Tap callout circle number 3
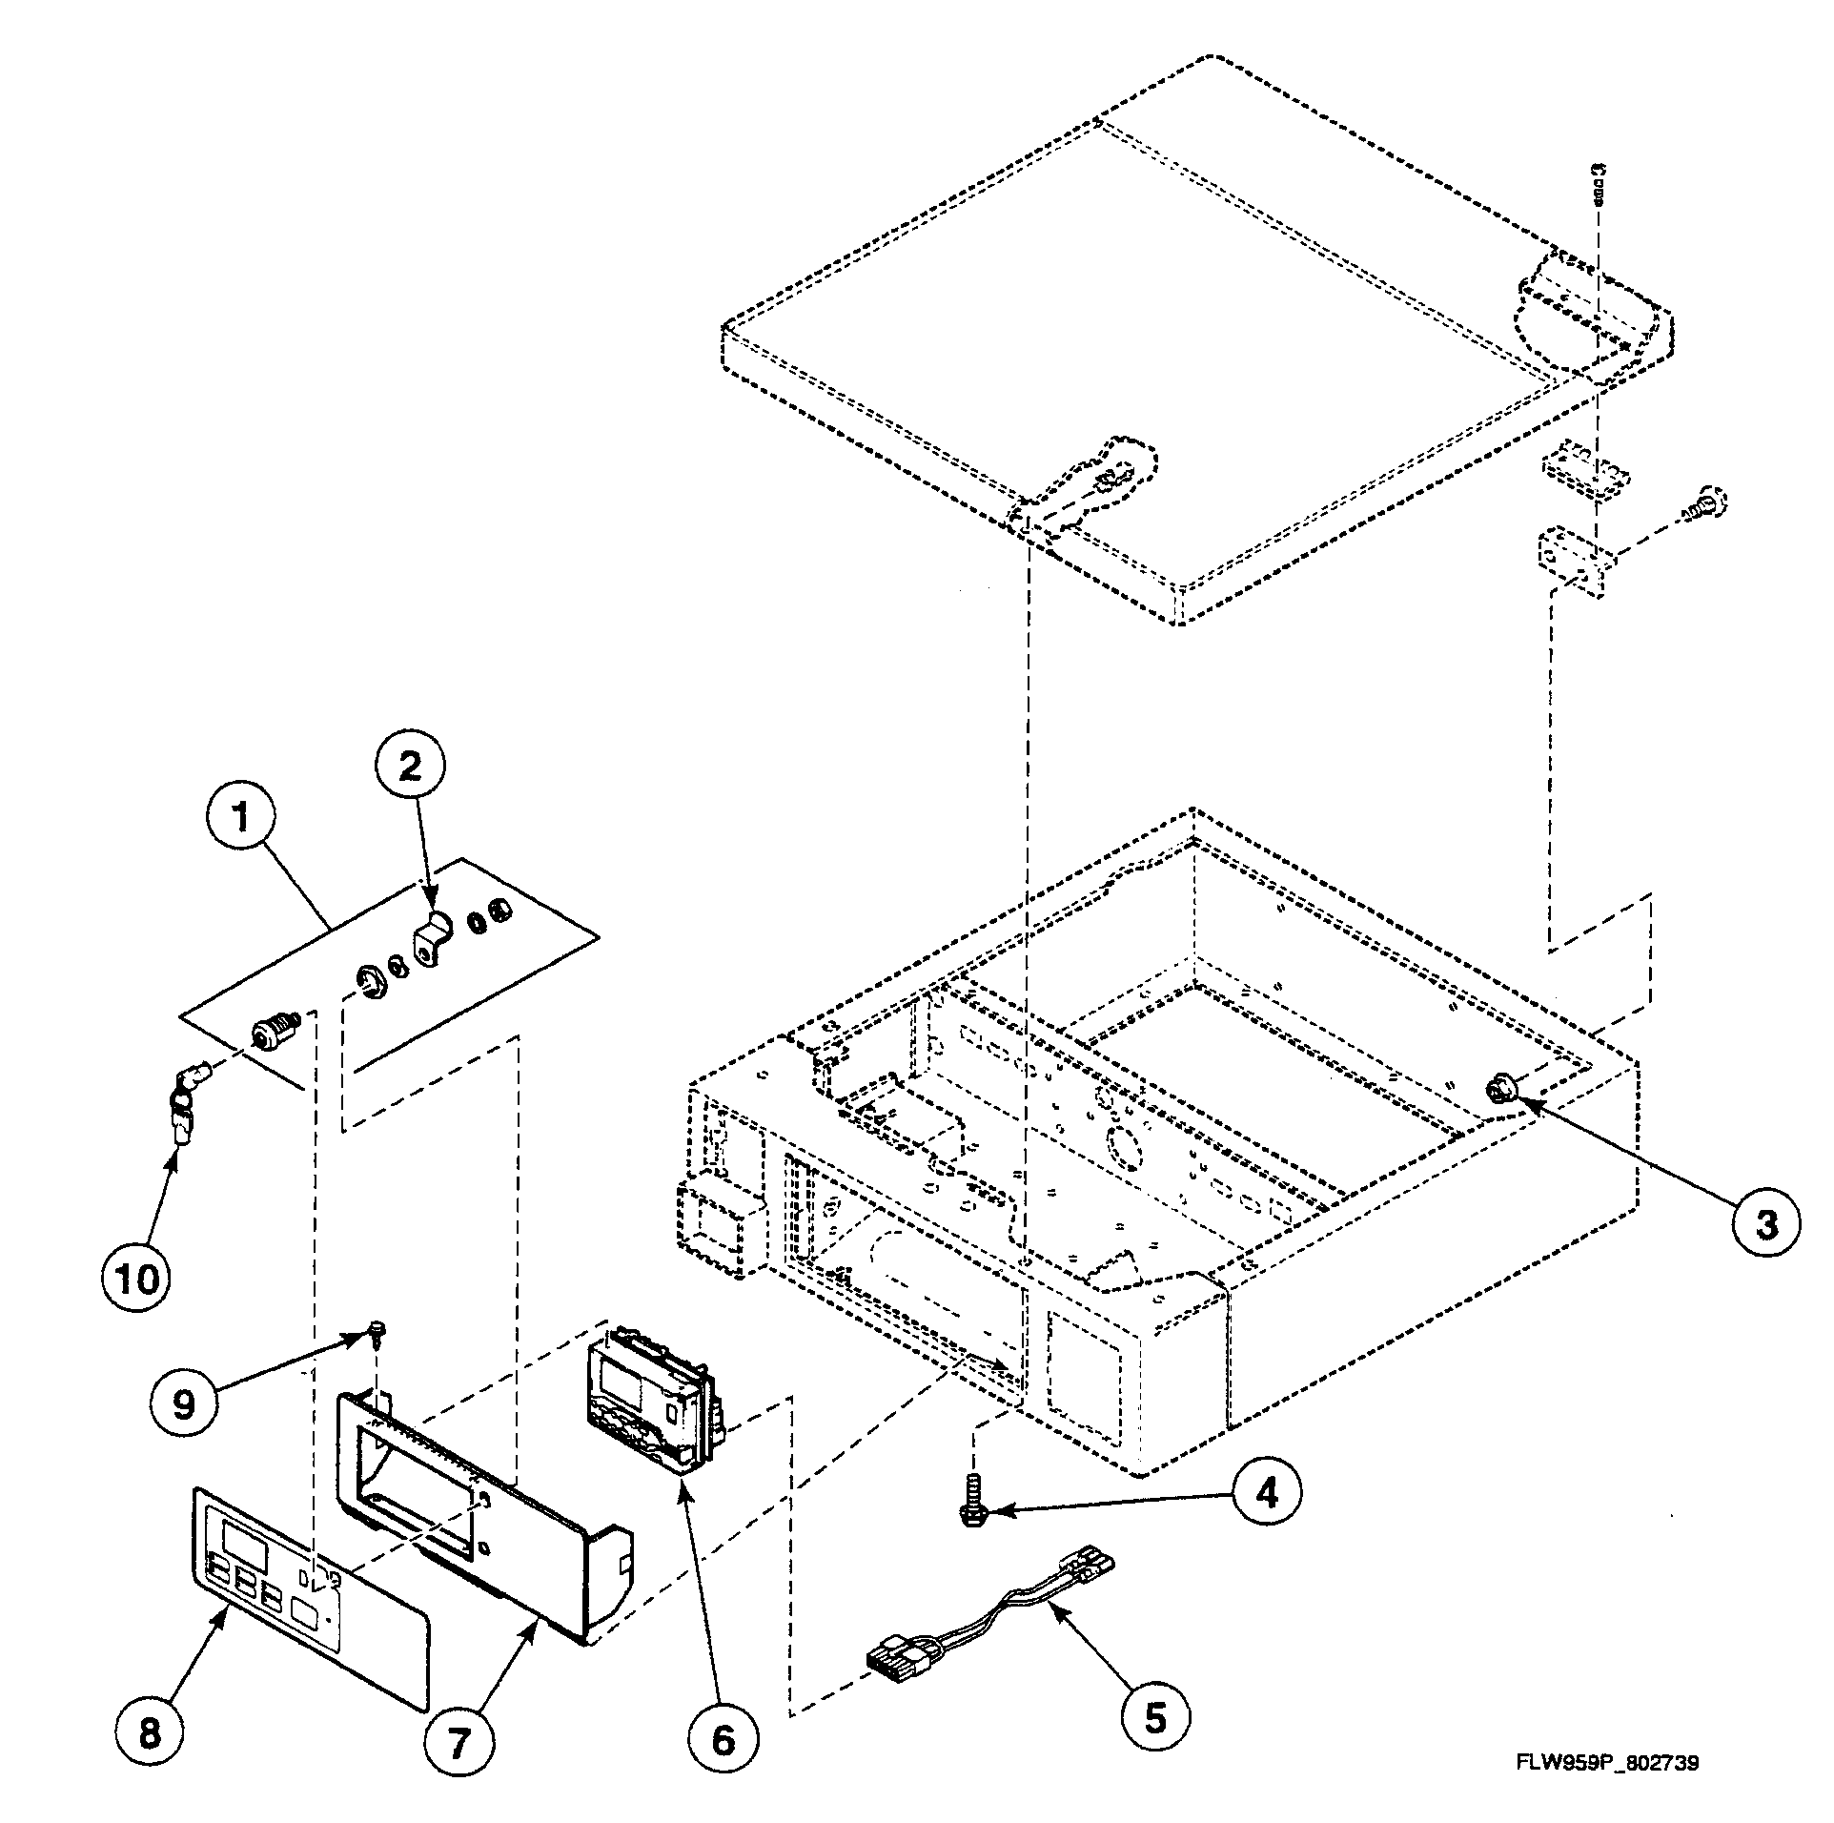1765,1223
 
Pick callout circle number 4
1266,1495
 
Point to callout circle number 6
723,1741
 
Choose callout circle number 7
458,1743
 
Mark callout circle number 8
150,1734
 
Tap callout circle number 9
184,1403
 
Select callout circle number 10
137,1278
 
